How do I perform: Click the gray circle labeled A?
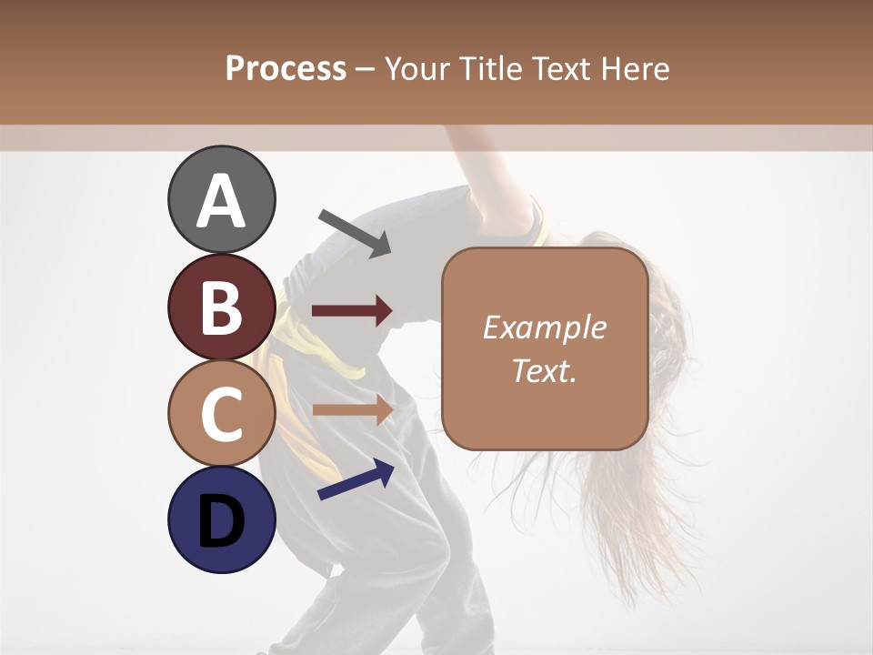click(x=222, y=199)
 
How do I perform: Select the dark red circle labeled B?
click(x=222, y=307)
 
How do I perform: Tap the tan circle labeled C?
click(x=222, y=413)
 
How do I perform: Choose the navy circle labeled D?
click(x=222, y=519)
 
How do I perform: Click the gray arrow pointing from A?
click(x=355, y=233)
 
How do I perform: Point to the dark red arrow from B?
click(x=352, y=311)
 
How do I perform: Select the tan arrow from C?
click(x=352, y=409)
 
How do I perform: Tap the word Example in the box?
click(x=545, y=327)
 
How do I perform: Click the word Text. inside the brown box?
click(x=545, y=371)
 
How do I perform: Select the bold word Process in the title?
click(x=286, y=68)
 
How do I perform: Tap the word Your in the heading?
click(x=416, y=68)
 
